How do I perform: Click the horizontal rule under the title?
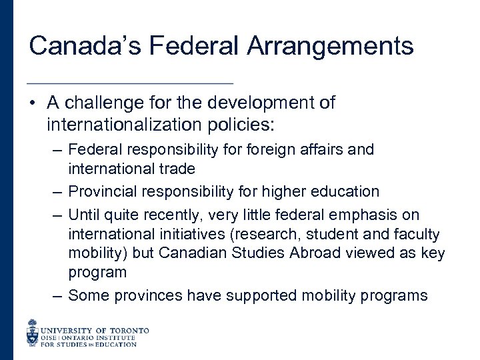click(x=130, y=83)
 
